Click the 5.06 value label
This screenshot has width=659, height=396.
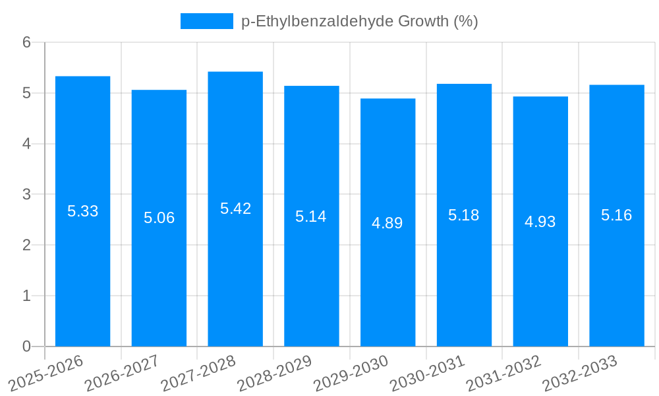click(x=159, y=218)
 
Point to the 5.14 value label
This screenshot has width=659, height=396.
click(x=311, y=216)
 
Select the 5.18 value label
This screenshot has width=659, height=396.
click(x=464, y=215)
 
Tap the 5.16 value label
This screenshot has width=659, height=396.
click(x=617, y=215)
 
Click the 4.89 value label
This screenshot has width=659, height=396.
click(x=387, y=223)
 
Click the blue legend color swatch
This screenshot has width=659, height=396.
click(x=206, y=21)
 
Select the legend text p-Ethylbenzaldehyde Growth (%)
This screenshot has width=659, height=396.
click(x=359, y=21)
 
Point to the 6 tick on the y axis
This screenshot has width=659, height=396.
click(x=26, y=42)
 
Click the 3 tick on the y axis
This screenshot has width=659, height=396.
click(x=26, y=195)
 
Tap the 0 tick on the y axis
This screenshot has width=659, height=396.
click(x=26, y=346)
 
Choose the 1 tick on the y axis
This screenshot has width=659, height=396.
click(x=26, y=296)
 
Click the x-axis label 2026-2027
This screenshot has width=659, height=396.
click(x=122, y=373)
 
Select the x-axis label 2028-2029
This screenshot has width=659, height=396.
click(x=274, y=373)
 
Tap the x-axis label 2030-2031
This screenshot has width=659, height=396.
click(x=427, y=373)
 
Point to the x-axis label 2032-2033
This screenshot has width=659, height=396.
click(x=579, y=373)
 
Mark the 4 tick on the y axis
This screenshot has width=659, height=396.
click(x=26, y=144)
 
